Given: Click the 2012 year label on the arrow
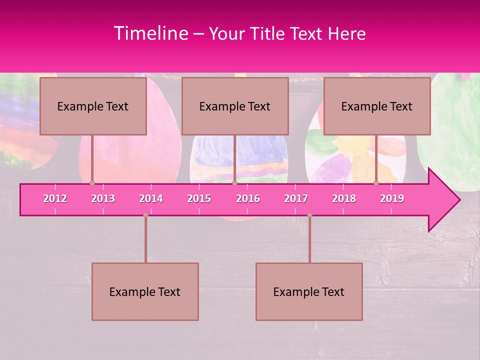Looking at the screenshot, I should pyautogui.click(x=55, y=198).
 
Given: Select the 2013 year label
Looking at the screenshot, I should pyautogui.click(x=103, y=198).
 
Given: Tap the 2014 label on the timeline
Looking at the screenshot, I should pyautogui.click(x=151, y=198).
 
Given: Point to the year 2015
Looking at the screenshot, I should pyautogui.click(x=199, y=198).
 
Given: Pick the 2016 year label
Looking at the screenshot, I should pyautogui.click(x=248, y=198).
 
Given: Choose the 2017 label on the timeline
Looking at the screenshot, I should pyautogui.click(x=296, y=198).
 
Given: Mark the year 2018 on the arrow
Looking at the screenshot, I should pyautogui.click(x=344, y=198).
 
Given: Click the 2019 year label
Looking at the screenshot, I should pyautogui.click(x=392, y=198).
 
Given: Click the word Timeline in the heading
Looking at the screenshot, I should pyautogui.click(x=150, y=33).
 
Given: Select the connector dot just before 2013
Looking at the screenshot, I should pyautogui.click(x=92, y=183).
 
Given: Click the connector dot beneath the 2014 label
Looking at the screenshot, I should pyautogui.click(x=145, y=215).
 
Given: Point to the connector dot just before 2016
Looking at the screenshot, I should pyautogui.click(x=234, y=183).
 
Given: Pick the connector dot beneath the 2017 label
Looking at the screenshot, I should pyautogui.click(x=309, y=215).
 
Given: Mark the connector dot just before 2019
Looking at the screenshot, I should pyautogui.click(x=376, y=183).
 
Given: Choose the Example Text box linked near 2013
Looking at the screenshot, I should pyautogui.click(x=93, y=106).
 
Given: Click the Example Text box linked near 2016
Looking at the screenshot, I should pyautogui.click(x=235, y=106).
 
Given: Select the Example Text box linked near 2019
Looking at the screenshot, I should pyautogui.click(x=377, y=106).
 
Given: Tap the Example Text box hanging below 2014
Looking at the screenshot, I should pyautogui.click(x=145, y=291).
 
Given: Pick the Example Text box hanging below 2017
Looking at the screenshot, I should pyautogui.click(x=309, y=291).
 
